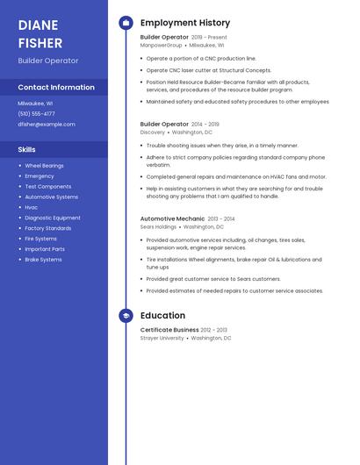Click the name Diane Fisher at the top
pyautogui.click(x=40, y=33)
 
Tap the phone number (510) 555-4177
pyautogui.click(x=36, y=113)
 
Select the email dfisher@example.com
pyautogui.click(x=47, y=124)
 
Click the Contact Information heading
pyautogui.click(x=56, y=87)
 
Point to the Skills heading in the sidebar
pyautogui.click(x=27, y=149)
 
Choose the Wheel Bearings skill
pyautogui.click(x=44, y=165)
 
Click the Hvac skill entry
pyautogui.click(x=32, y=207)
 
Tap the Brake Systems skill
pyautogui.click(x=43, y=260)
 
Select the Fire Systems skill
pyautogui.click(x=40, y=239)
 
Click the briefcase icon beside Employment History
pyautogui.click(x=126, y=23)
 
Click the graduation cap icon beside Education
pyautogui.click(x=126, y=315)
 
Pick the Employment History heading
pyautogui.click(x=185, y=23)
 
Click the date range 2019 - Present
pyautogui.click(x=209, y=38)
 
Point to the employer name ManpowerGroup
pyautogui.click(x=162, y=45)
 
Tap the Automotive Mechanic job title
pyautogui.click(x=172, y=218)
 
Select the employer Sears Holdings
pyautogui.click(x=159, y=225)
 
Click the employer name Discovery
pyautogui.click(x=153, y=132)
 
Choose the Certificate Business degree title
pyautogui.click(x=169, y=330)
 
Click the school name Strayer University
pyautogui.click(x=162, y=338)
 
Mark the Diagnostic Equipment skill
pyautogui.click(x=53, y=218)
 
